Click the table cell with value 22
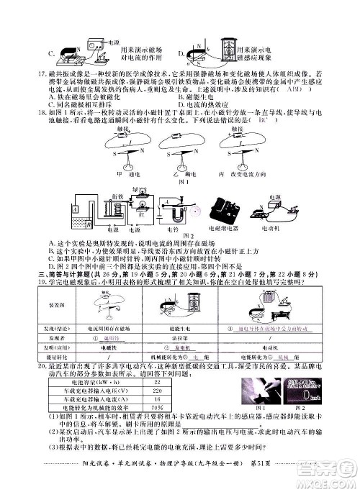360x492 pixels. click(x=156, y=383)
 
